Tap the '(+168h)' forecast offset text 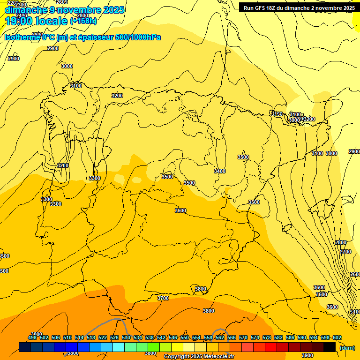(83, 21)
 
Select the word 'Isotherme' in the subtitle (22, 37)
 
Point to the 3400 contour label (219, 171)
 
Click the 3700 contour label (163, 298)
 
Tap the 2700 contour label (345, 252)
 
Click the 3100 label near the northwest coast (76, 86)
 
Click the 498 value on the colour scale (32, 337)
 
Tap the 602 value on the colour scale (337, 337)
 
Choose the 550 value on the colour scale (185, 337)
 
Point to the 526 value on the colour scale (114, 337)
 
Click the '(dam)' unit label (347, 347)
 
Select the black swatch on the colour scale (330, 347)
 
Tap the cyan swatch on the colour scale (119, 347)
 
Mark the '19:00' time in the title (19, 21)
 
